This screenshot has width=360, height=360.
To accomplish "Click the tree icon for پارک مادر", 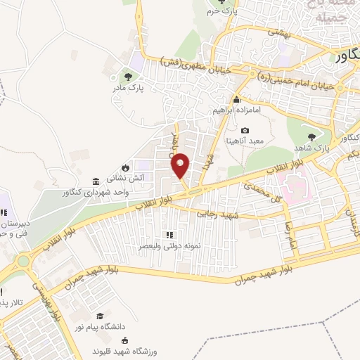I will pos(127,77).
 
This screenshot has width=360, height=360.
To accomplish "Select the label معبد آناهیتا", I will pos(244,141).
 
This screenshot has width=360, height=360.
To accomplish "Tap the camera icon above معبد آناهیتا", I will pos(245,130).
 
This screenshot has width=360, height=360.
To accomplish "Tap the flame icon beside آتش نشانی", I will pos(124,167).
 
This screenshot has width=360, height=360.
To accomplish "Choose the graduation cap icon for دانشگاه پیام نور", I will pos(101,318).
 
